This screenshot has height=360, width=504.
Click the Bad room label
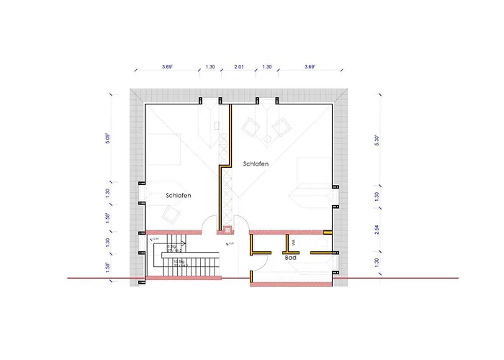pyautogui.click(x=291, y=257)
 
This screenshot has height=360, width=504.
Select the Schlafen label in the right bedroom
pyautogui.click(x=256, y=164)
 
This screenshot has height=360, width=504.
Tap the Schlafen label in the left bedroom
pyautogui.click(x=178, y=195)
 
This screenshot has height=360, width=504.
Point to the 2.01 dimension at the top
pyautogui.click(x=239, y=67)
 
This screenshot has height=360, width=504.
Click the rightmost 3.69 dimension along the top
pyautogui.click(x=310, y=67)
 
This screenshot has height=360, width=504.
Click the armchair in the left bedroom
pyautogui.click(x=171, y=214)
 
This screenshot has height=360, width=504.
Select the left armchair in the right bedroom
pyautogui.click(x=251, y=127)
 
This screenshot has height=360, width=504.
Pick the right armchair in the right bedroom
pyautogui.click(x=281, y=128)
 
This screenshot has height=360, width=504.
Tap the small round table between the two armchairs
pyautogui.click(x=266, y=138)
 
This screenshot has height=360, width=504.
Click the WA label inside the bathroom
pyautogui.click(x=294, y=243)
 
